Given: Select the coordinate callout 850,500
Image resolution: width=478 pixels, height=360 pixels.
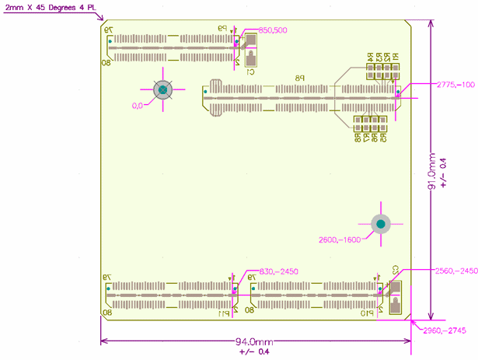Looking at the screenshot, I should click(x=272, y=30).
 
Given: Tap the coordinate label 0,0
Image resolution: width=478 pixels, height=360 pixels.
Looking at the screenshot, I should click(x=138, y=105).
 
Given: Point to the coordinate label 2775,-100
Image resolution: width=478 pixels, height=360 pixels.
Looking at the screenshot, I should click(x=455, y=84).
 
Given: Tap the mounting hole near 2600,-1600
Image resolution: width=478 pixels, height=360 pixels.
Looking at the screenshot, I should click(x=381, y=225).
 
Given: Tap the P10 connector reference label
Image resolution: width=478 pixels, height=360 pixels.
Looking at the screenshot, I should click(x=363, y=313).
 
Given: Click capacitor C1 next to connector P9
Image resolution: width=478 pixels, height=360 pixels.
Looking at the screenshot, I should click(x=250, y=58).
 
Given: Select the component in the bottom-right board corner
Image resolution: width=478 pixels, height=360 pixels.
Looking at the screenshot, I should click(x=395, y=295).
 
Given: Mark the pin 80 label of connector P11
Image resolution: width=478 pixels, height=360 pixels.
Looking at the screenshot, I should click(x=106, y=313).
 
